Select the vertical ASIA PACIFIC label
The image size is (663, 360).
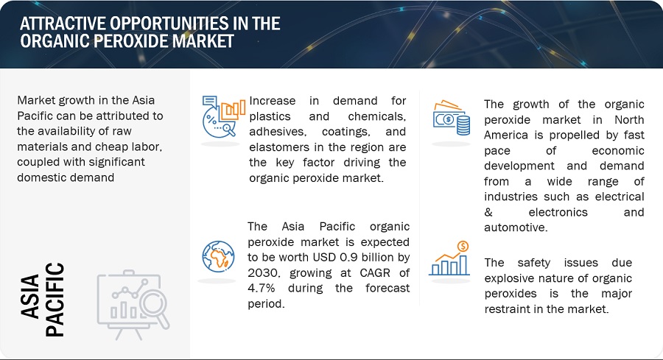click(x=42, y=300)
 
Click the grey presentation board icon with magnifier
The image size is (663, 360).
click(x=133, y=304)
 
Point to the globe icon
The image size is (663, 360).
click(x=218, y=256)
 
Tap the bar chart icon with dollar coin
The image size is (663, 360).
click(x=450, y=258)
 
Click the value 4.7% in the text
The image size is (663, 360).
click(x=262, y=288)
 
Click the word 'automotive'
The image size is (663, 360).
click(x=516, y=227)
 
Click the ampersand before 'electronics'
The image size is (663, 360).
click(x=488, y=212)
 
